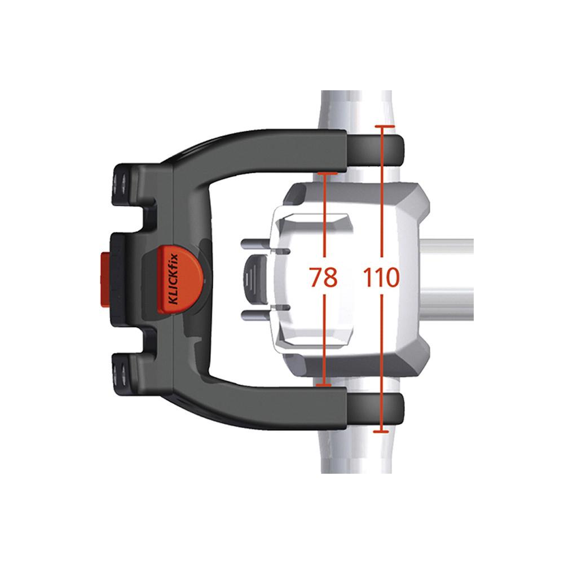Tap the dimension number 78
click(324, 277)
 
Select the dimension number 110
click(382, 277)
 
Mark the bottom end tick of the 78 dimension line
click(324, 385)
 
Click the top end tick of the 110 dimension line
click(383, 127)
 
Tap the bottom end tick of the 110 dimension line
click(382, 432)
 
